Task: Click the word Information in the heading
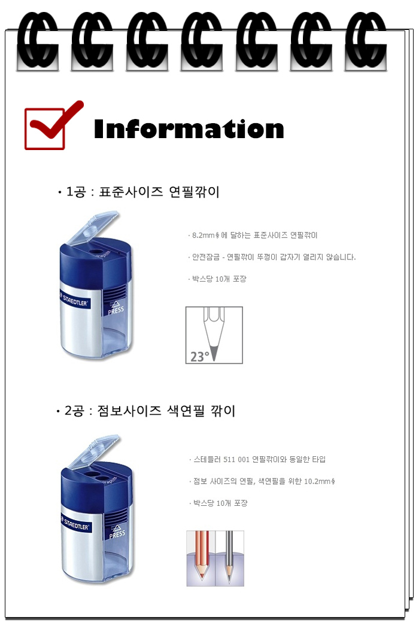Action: click(189, 129)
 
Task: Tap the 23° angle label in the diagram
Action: click(200, 357)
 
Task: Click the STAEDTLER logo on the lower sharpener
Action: click(76, 524)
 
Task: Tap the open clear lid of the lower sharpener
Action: click(95, 451)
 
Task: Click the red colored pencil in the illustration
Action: click(202, 554)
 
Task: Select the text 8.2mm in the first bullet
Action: click(203, 236)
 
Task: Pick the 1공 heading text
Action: click(76, 192)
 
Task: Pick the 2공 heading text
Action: click(74, 411)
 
